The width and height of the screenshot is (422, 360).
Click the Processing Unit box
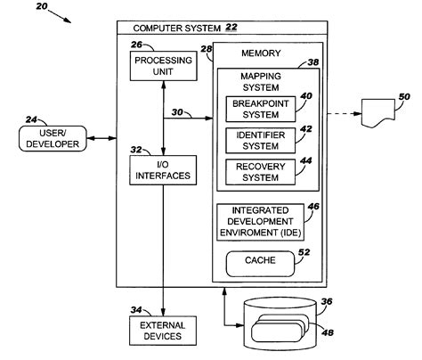click(x=157, y=66)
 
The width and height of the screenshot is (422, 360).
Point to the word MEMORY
click(x=261, y=53)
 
